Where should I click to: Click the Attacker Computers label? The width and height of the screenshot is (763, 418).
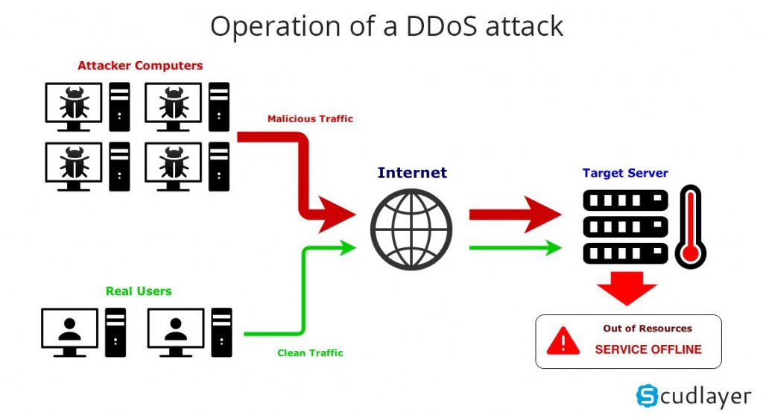(140, 66)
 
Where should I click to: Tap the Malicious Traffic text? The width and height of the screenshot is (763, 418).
(310, 118)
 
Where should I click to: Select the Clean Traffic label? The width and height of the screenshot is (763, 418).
(310, 352)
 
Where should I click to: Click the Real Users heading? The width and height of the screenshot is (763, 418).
(139, 291)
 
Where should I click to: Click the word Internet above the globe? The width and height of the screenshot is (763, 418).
(412, 173)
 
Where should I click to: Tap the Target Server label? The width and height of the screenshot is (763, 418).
(625, 173)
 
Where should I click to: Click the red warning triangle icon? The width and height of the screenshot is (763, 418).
(563, 342)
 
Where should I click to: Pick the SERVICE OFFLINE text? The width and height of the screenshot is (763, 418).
(648, 349)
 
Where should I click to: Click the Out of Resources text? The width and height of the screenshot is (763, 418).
(647, 328)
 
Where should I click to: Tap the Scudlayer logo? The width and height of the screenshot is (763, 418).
(693, 396)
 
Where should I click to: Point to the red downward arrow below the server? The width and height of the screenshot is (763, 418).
(627, 287)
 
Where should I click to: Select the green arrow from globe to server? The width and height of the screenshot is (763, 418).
(514, 247)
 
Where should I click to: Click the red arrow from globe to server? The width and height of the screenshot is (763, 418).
(514, 215)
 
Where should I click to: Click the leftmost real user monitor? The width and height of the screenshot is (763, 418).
(69, 330)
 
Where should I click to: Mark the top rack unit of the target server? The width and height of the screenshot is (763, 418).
(625, 200)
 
